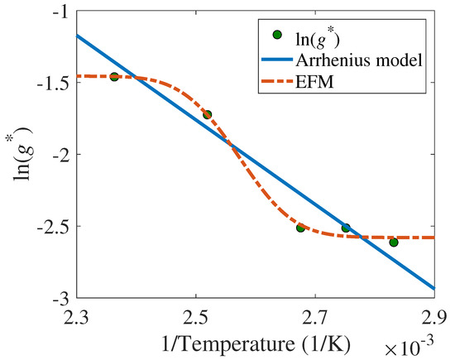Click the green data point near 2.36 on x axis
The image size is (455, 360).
[x=114, y=77]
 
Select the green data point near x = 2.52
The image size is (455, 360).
[x=208, y=115]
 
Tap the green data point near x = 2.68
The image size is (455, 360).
[x=301, y=227]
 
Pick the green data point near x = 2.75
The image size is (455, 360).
[x=346, y=228]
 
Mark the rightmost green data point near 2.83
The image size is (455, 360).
[x=394, y=242]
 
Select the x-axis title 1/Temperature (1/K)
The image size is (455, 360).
[x=255, y=340]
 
